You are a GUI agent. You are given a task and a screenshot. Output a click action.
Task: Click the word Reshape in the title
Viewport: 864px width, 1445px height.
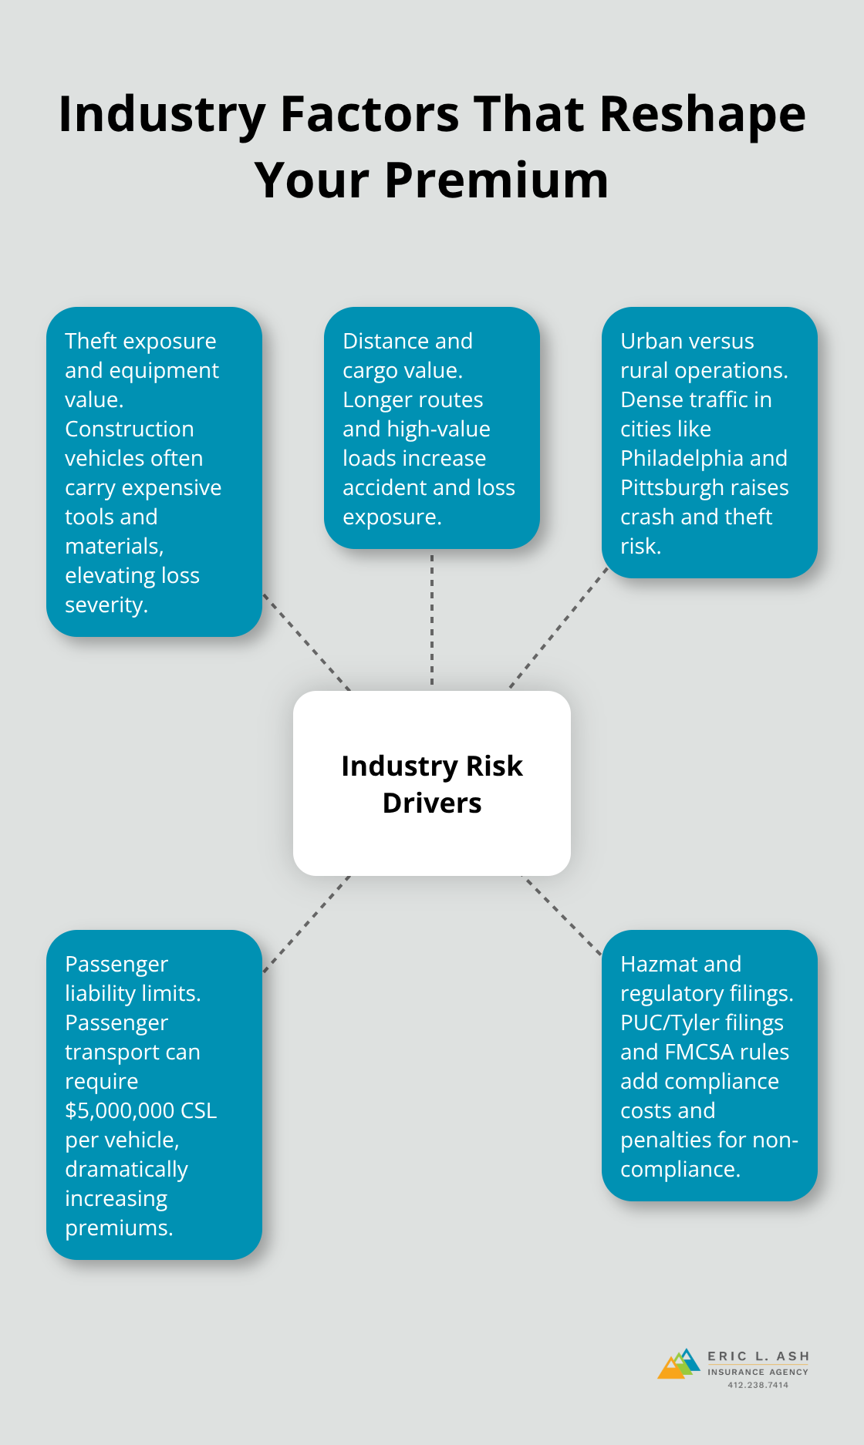(x=702, y=114)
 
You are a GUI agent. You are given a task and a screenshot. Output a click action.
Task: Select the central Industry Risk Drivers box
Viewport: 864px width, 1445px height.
(x=432, y=783)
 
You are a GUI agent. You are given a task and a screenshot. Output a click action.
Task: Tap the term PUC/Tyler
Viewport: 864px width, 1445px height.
(x=668, y=1022)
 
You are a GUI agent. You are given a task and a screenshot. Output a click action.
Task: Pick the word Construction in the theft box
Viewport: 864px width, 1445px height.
(x=129, y=429)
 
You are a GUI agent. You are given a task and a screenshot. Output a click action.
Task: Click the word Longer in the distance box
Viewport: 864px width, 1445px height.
(x=376, y=399)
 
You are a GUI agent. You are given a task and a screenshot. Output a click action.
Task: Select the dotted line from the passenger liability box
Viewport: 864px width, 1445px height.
(x=306, y=924)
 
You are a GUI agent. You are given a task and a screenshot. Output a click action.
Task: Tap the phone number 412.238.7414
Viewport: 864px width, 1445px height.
(x=758, y=1385)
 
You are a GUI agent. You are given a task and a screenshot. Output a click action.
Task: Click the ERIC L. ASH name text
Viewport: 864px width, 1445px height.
(x=758, y=1356)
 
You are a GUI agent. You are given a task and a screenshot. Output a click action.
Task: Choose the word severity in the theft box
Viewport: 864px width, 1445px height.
(x=105, y=605)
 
